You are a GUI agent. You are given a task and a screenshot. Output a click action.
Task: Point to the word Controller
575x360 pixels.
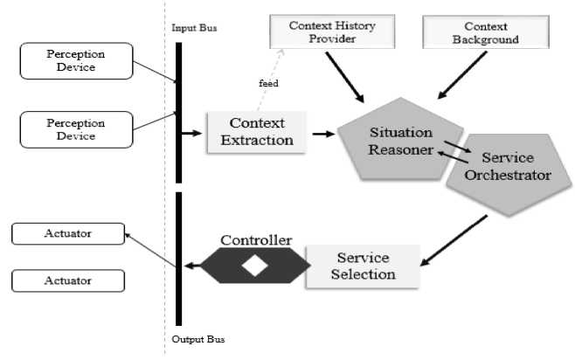(x=256, y=239)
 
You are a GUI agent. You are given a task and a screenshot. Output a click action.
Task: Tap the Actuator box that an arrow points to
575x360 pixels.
(x=67, y=233)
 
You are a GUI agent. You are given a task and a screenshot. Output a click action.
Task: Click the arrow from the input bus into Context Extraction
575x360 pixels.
(x=192, y=134)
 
